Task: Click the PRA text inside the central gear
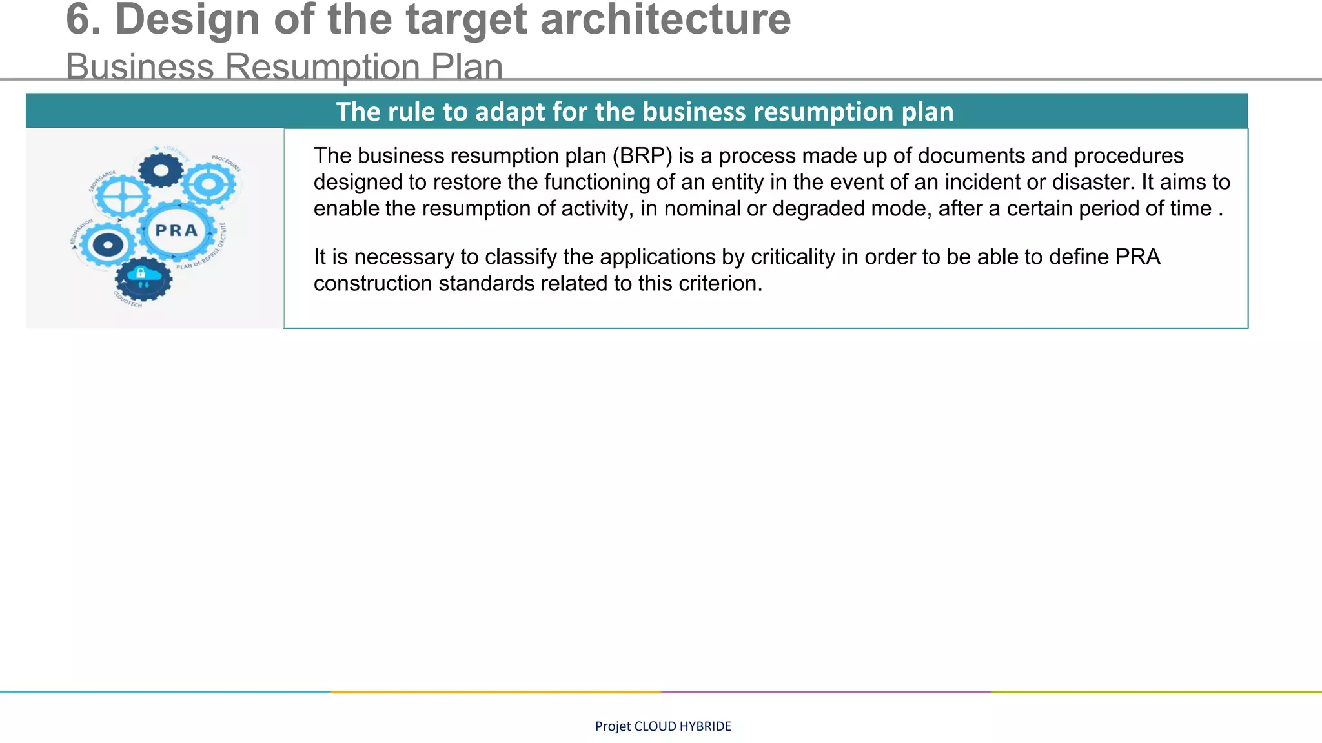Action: tap(176, 231)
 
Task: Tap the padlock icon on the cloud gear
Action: tap(141, 273)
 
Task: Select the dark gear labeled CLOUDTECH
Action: tap(143, 279)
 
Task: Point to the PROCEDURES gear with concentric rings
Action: tap(209, 185)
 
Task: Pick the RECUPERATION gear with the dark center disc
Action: tap(107, 245)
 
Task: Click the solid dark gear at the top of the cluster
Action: tap(161, 170)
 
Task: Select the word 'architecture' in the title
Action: tap(665, 19)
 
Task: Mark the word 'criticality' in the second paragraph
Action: tap(793, 257)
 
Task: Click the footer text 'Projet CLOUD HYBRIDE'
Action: tap(663, 726)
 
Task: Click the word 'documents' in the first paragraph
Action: tap(972, 155)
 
